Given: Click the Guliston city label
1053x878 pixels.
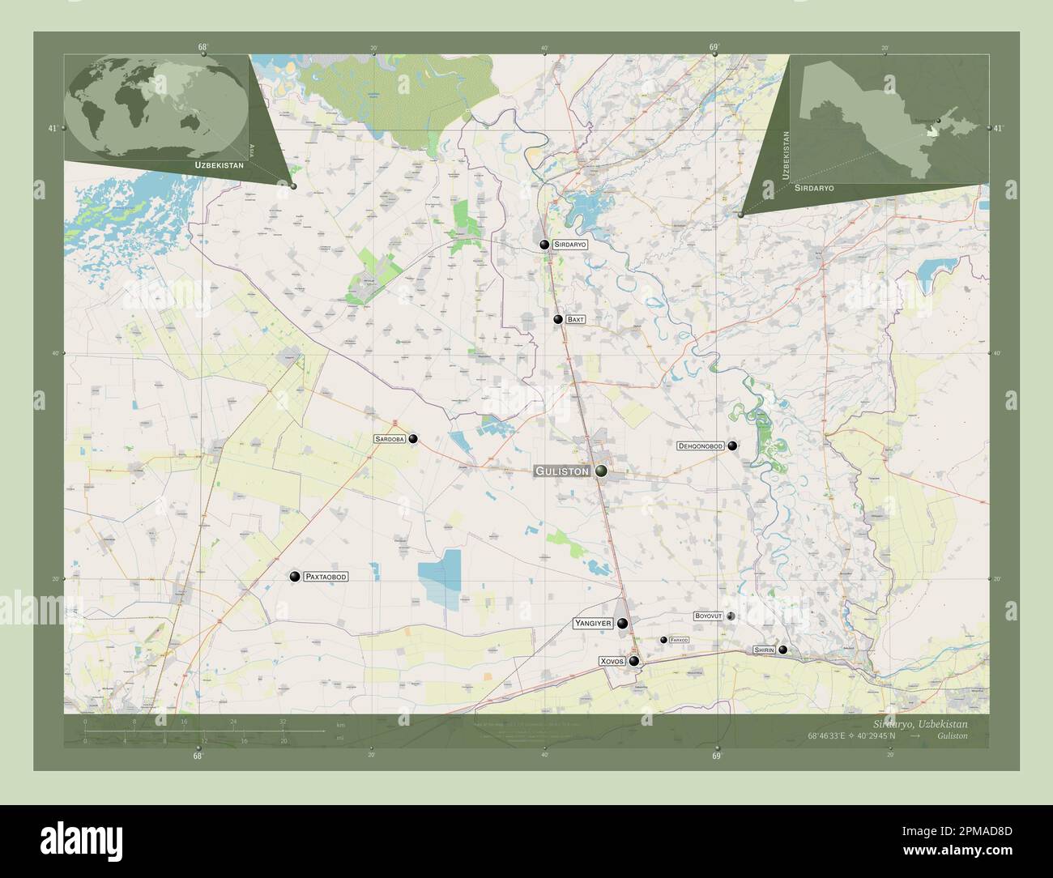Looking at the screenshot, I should point(561,471).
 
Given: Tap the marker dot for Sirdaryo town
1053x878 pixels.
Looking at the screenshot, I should point(544,244).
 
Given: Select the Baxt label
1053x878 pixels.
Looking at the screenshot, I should point(575,320).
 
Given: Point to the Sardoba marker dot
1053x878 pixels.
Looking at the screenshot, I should point(413,439).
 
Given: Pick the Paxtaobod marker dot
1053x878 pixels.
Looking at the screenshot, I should point(294,577).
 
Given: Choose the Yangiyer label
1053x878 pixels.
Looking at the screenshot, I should point(592,623).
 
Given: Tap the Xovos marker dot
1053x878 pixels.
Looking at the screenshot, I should point(633,662).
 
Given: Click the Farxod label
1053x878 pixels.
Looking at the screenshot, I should point(679,640).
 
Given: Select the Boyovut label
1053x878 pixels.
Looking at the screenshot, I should point(708,616).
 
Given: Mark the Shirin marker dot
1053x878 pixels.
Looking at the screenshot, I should point(782,650).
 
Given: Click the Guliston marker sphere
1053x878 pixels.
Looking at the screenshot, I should point(601,471).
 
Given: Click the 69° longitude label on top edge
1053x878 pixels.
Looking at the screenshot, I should point(714,48).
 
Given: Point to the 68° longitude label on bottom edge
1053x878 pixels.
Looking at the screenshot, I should point(198,756).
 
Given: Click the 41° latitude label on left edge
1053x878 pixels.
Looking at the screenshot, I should point(52,128).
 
